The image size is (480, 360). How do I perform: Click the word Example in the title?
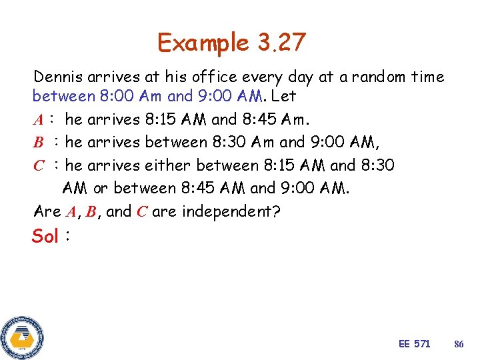coord(203,43)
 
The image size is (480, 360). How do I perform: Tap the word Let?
coord(285,96)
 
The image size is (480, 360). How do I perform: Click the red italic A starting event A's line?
coord(38,120)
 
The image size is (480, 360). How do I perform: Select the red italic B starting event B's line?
coord(38,143)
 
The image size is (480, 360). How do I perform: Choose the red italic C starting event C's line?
coord(39,166)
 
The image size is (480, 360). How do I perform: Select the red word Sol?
coord(45,236)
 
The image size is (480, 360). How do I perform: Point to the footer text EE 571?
coord(414,344)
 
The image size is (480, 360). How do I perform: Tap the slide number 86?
coord(459,344)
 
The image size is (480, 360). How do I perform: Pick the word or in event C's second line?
coord(101,189)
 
